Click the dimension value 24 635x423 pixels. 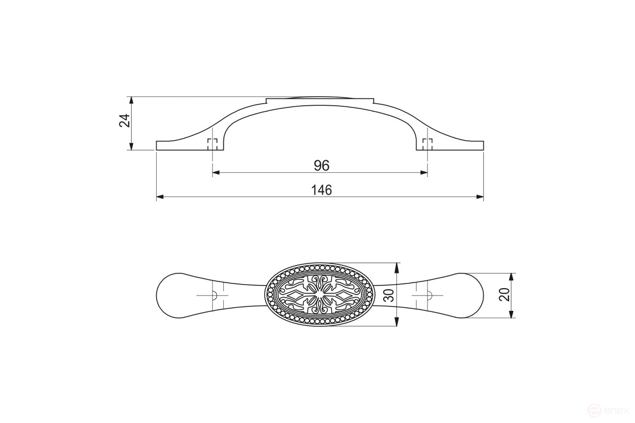(x=124, y=121)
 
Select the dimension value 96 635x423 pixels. (x=322, y=165)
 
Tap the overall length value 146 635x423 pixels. (x=322, y=190)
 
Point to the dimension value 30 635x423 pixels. (x=390, y=295)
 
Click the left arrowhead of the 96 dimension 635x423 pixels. (x=216, y=172)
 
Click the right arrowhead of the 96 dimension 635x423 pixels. (x=424, y=172)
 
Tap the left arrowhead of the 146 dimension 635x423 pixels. (x=160, y=197)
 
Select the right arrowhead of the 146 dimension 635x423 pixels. (x=479, y=197)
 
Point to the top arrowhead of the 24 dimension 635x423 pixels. (x=131, y=100)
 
